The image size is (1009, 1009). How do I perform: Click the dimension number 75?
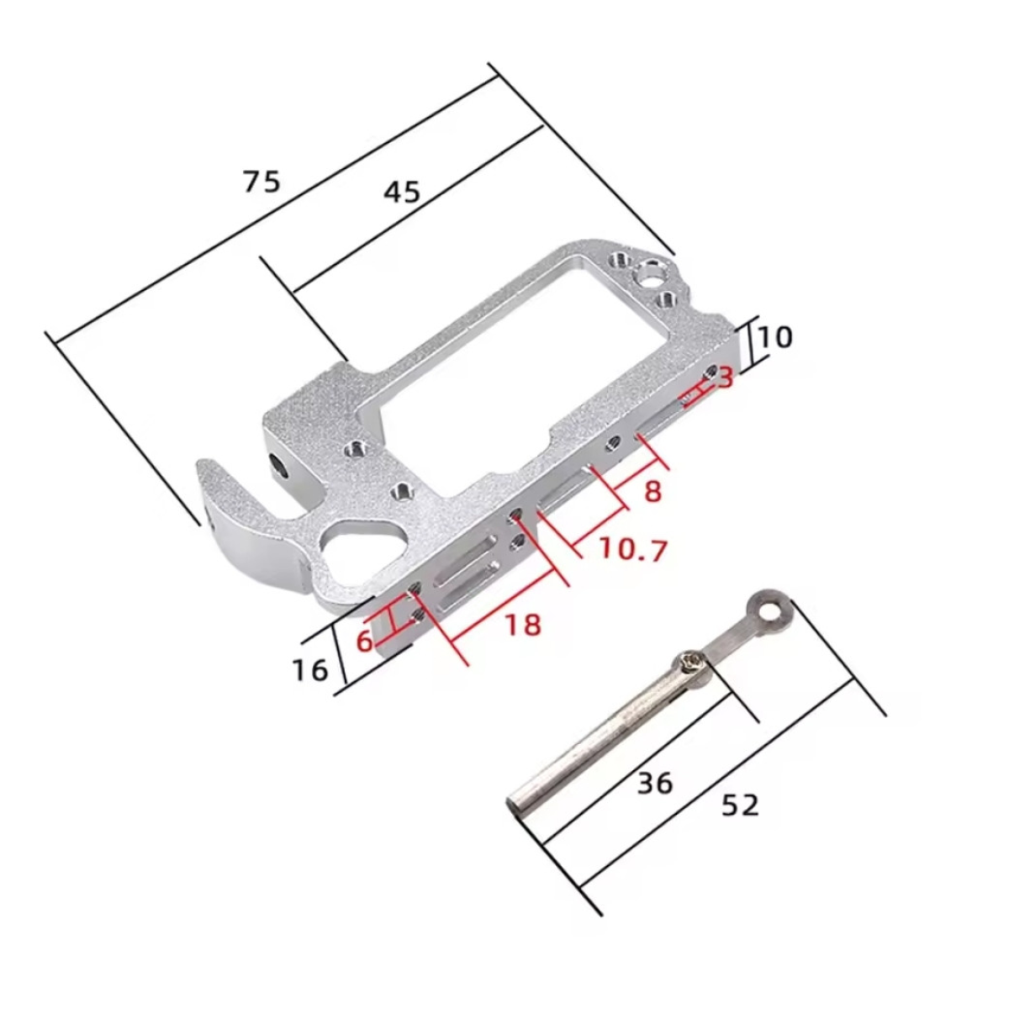261,181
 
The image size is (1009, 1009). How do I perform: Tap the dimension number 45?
401,193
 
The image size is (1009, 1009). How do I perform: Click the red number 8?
653,491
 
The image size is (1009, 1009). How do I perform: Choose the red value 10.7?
632,550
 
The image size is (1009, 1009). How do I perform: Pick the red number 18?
521,625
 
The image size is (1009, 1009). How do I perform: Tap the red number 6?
364,641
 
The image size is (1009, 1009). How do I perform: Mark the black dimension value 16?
310,670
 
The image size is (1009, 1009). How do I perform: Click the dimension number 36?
655,783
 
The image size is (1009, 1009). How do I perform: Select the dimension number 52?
740,806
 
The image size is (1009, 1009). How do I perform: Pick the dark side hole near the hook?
277,462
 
